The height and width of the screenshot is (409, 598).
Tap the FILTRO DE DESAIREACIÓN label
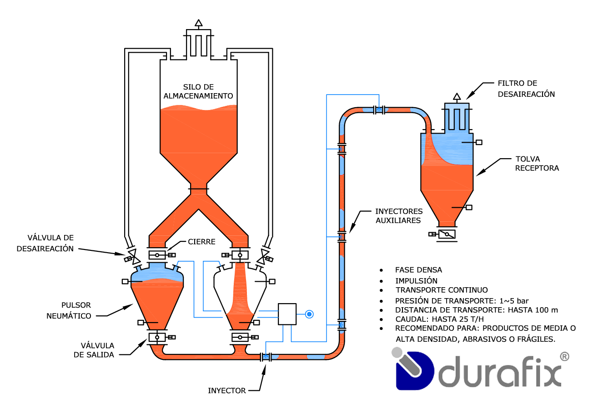click(x=526, y=89)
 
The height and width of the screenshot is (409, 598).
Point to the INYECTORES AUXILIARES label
click(x=398, y=216)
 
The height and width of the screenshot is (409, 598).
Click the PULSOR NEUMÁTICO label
click(x=69, y=310)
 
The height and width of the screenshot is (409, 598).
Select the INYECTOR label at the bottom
click(x=227, y=390)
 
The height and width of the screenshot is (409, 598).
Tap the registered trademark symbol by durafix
click(x=564, y=357)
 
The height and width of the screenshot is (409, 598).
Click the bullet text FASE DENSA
click(x=418, y=270)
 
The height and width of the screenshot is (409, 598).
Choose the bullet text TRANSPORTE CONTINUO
click(x=442, y=290)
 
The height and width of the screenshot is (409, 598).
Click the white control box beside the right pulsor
click(x=287, y=314)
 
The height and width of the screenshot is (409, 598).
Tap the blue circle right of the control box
click(x=309, y=314)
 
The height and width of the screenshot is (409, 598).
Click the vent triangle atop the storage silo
click(x=198, y=23)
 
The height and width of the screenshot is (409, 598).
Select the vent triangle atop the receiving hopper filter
click(x=457, y=96)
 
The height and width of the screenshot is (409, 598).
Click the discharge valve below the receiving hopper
click(x=447, y=234)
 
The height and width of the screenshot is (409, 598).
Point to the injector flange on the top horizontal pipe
click(x=379, y=110)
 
